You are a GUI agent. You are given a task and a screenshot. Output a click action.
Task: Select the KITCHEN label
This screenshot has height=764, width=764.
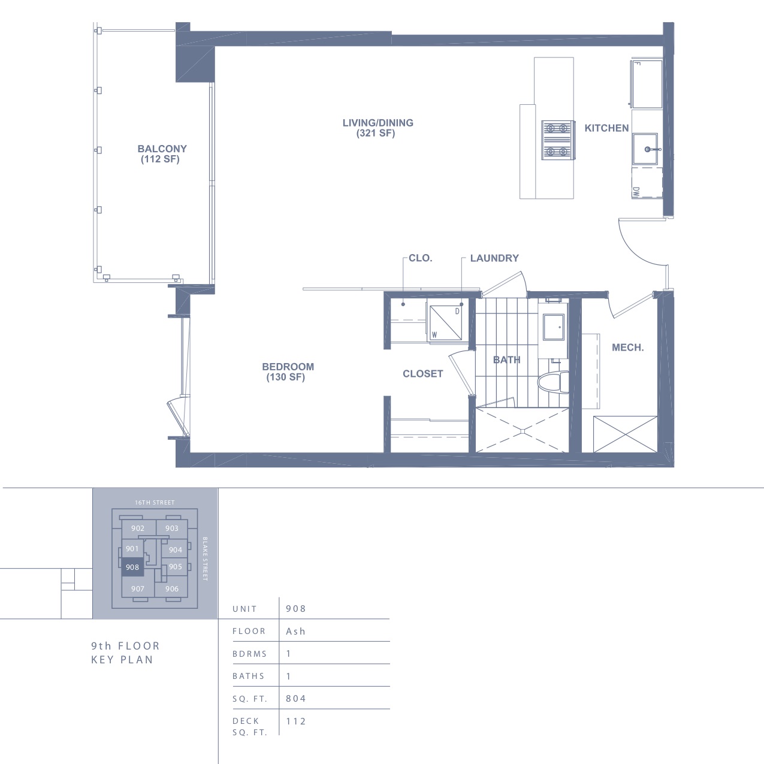click(x=606, y=128)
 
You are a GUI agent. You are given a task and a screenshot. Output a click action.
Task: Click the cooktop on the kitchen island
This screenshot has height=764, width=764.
click(x=558, y=140)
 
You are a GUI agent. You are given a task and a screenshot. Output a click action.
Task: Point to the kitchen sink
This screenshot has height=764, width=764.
click(x=645, y=149)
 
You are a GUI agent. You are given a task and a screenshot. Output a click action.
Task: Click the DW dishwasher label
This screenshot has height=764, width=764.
click(x=636, y=192)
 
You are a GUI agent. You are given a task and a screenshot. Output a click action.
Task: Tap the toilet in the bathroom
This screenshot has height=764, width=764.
click(x=553, y=382)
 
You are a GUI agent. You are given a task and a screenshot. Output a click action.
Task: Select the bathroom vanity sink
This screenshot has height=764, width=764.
click(x=554, y=327)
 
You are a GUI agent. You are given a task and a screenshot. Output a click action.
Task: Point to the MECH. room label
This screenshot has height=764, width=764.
click(x=627, y=348)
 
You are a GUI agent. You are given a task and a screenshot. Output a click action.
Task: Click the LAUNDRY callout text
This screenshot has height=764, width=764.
click(x=494, y=258)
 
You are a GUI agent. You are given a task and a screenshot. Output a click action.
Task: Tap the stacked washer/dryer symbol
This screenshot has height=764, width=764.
click(x=446, y=323)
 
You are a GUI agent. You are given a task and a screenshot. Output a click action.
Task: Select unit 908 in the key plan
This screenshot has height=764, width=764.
click(x=132, y=567)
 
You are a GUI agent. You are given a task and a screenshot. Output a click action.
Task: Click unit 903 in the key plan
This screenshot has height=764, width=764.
click(x=171, y=528)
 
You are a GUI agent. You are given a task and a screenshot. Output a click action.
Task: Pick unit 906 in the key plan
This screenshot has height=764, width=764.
click(x=171, y=589)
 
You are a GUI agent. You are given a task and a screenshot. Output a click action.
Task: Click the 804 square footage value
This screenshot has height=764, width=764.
click(x=296, y=698)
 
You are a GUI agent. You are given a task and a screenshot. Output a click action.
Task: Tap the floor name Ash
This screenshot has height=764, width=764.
click(x=295, y=631)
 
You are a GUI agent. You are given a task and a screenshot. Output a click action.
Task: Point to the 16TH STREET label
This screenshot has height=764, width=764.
click(x=155, y=502)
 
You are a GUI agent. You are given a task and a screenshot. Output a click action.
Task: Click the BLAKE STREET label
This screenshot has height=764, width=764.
click(x=205, y=558)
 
